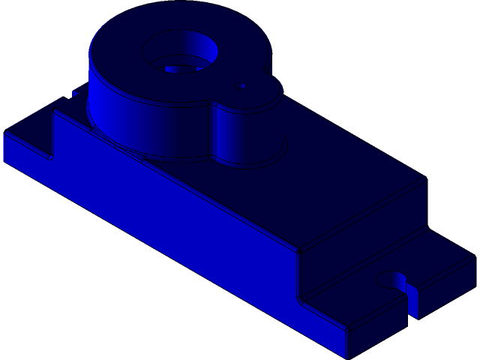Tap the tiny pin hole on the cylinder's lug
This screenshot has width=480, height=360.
coord(243,86)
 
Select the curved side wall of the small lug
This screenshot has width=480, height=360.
coord(247,135)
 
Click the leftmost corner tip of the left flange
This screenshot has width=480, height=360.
coord(4,135)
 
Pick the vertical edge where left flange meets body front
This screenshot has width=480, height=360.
coord(52,135)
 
